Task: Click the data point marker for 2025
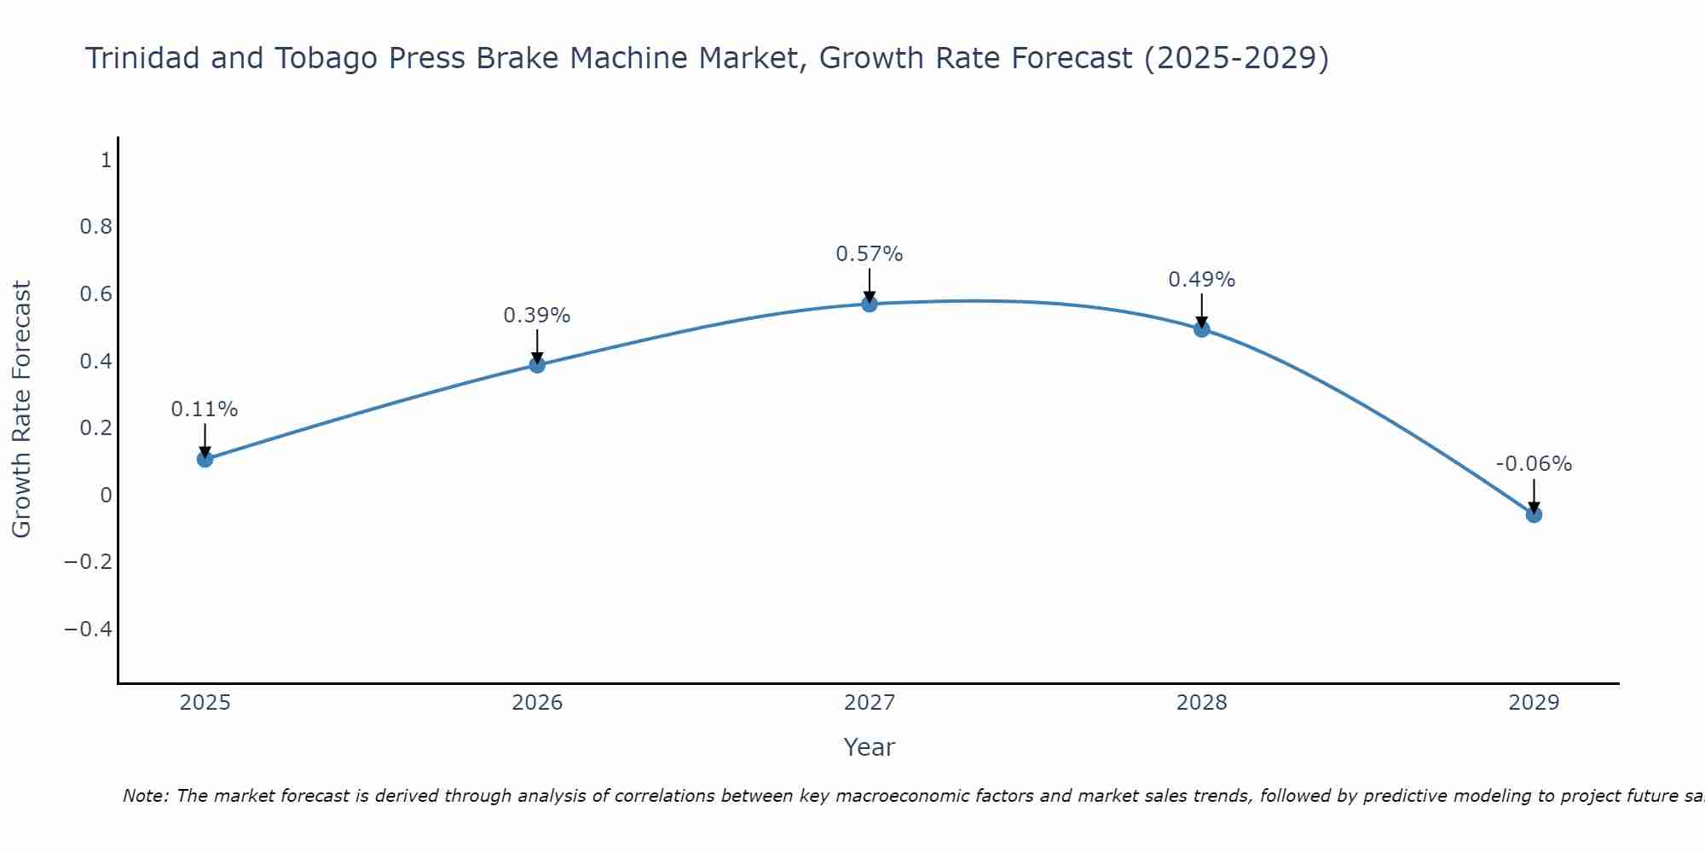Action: [x=205, y=459]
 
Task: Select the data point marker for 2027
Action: [x=869, y=304]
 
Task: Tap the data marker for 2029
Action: [x=1534, y=514]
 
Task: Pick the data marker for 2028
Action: [x=1201, y=329]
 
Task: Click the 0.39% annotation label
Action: [x=536, y=316]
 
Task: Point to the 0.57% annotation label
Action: [x=869, y=254]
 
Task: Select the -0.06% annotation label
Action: [x=1534, y=464]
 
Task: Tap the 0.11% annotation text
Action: [x=205, y=409]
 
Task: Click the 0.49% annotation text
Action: [x=1201, y=280]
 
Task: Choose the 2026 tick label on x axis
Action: [x=537, y=703]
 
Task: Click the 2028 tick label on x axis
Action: [x=1201, y=703]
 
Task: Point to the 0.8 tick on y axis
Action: [x=95, y=227]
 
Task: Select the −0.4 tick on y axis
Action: [x=89, y=630]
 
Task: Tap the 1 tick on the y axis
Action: [x=106, y=160]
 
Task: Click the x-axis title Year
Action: [x=869, y=747]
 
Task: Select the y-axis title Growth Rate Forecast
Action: [x=21, y=409]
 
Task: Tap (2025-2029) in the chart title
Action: [x=1236, y=58]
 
